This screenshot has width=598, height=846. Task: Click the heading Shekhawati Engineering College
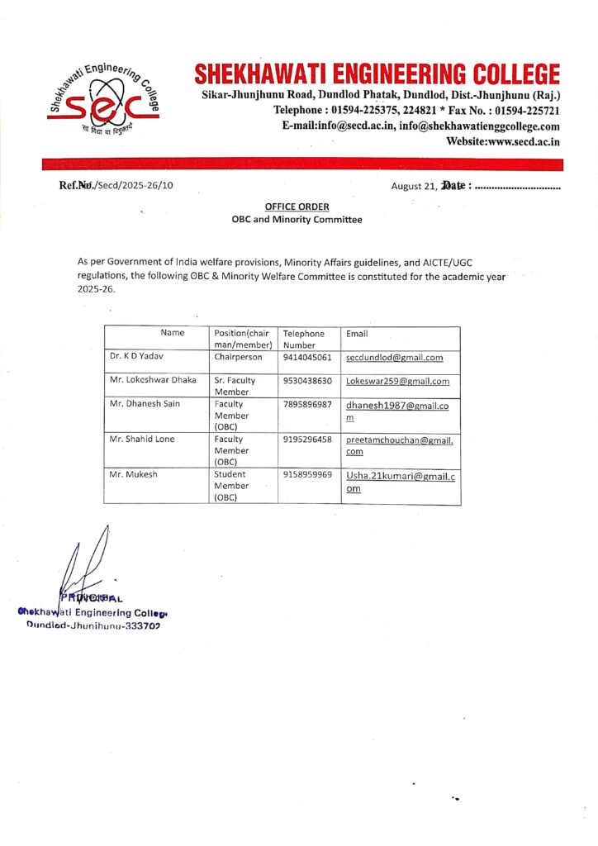tap(377, 74)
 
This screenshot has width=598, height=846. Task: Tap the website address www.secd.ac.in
tap(503, 142)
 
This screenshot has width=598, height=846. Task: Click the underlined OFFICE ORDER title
tap(297, 207)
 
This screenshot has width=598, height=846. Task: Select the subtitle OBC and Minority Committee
tap(297, 220)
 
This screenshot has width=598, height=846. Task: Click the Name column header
tap(173, 333)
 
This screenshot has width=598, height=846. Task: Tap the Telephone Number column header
tap(303, 339)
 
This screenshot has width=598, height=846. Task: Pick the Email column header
tap(358, 334)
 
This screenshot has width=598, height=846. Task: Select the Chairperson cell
tap(238, 358)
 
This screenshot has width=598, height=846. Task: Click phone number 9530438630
tap(307, 381)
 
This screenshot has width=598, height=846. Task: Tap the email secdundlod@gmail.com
tap(395, 358)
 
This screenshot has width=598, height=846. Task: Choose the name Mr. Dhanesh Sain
tap(145, 403)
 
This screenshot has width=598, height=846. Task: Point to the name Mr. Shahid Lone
tap(142, 439)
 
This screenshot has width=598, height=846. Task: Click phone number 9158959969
tap(307, 475)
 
